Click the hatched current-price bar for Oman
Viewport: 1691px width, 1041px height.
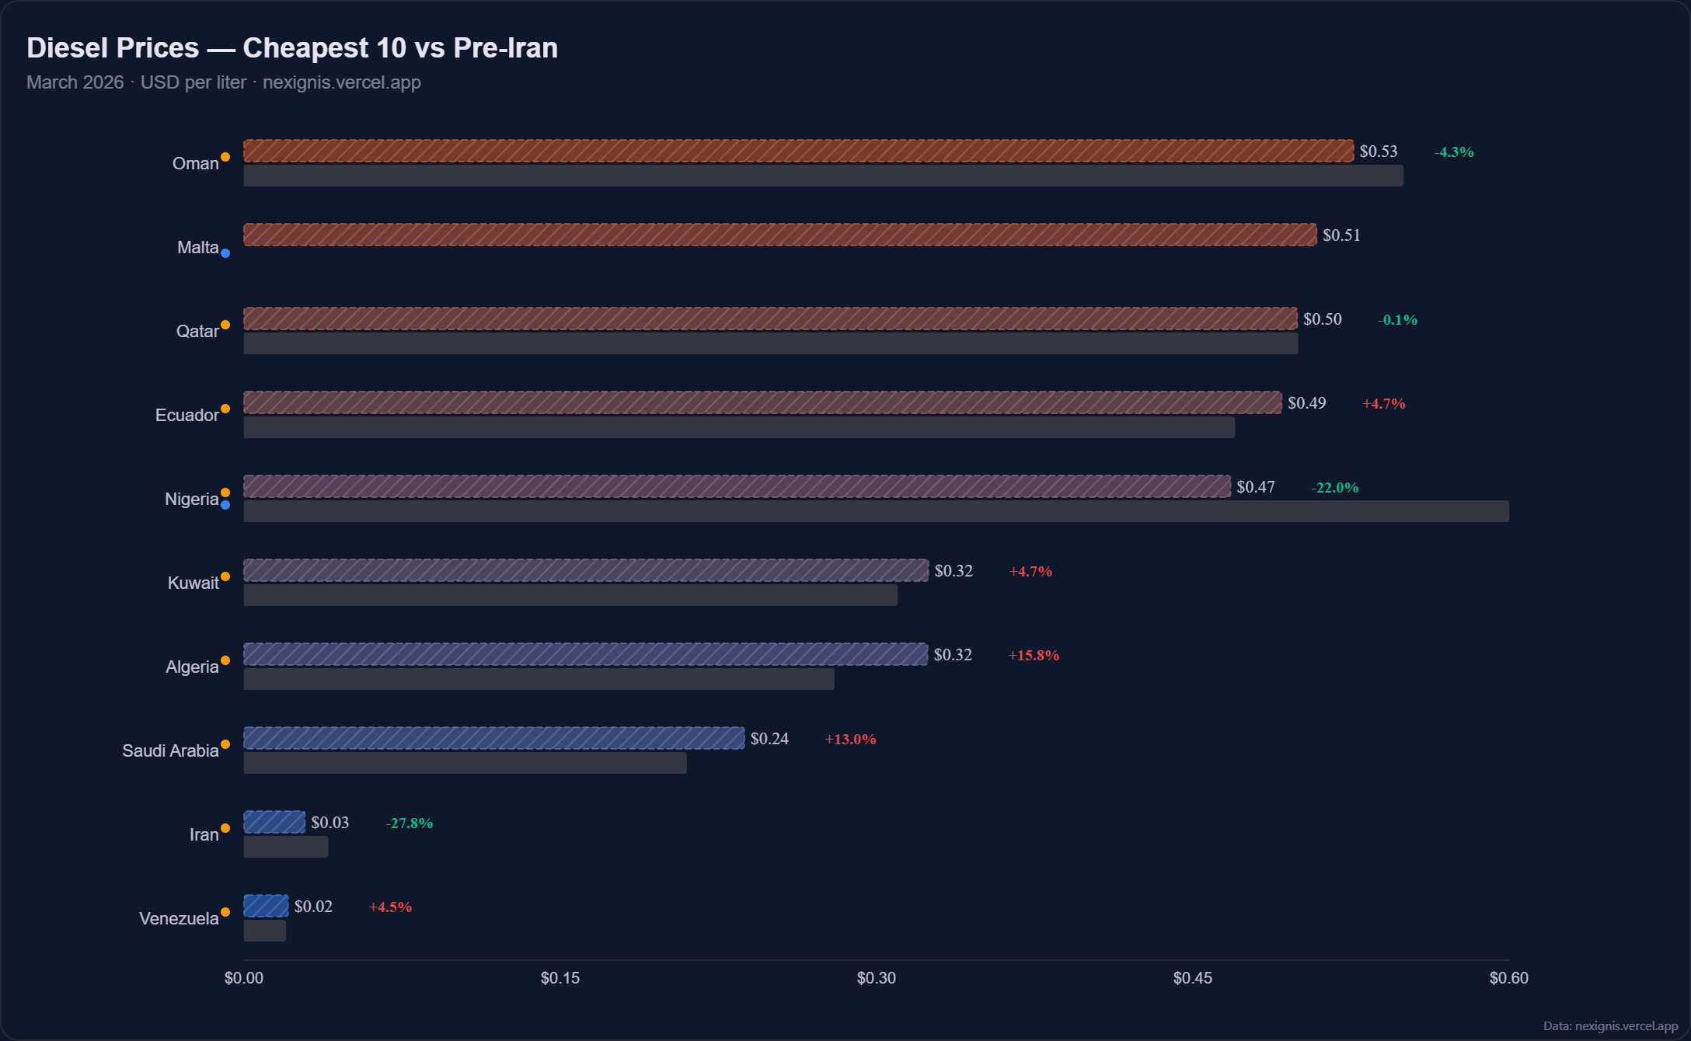click(798, 151)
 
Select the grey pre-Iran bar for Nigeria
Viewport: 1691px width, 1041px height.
click(876, 511)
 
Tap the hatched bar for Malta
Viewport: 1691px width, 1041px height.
click(779, 235)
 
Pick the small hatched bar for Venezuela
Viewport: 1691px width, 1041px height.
click(266, 906)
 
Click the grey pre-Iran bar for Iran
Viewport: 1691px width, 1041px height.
click(286, 847)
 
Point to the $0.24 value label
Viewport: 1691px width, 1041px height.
click(769, 739)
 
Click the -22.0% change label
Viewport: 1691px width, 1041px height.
click(1335, 488)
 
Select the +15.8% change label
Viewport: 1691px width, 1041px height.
click(1034, 656)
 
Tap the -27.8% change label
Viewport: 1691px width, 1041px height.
click(410, 823)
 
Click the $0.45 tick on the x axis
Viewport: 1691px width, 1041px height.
click(1192, 978)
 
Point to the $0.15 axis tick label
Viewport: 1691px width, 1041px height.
click(560, 978)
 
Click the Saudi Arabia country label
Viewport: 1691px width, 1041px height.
click(170, 750)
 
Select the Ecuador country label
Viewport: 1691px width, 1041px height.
click(187, 415)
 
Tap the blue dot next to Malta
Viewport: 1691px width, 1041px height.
click(225, 253)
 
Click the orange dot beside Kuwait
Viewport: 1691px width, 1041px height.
click(225, 576)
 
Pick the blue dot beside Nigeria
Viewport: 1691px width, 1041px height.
click(225, 505)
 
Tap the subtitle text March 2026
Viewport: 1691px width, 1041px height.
click(75, 82)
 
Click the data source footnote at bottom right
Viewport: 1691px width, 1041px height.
click(1609, 1026)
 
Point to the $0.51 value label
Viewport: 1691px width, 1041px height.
click(1341, 235)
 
